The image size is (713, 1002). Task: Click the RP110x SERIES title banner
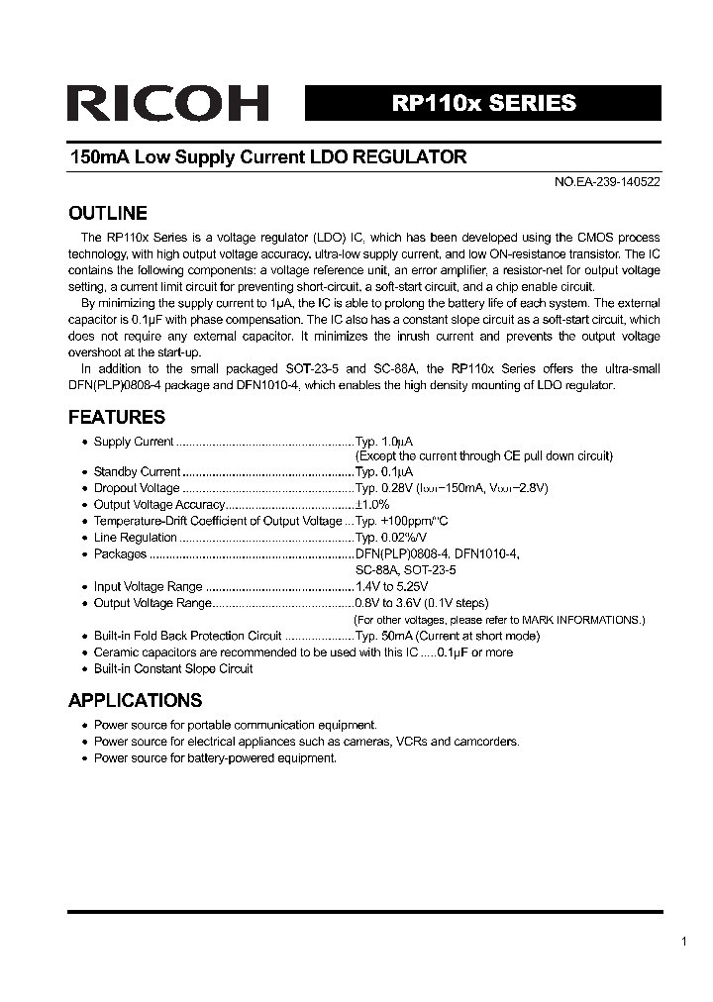483,103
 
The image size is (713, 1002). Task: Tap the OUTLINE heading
107,213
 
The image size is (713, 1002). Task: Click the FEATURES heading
116,417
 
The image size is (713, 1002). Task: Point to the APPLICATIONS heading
135,700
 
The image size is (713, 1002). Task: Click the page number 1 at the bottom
683,942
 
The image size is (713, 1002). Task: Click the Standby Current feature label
137,472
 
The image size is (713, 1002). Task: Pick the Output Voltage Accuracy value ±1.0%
373,505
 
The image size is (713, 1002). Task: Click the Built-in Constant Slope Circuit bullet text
172,668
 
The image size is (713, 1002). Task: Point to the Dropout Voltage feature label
137,488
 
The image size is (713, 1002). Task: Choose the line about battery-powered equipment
215,757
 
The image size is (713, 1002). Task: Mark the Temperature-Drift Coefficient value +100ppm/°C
401,521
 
